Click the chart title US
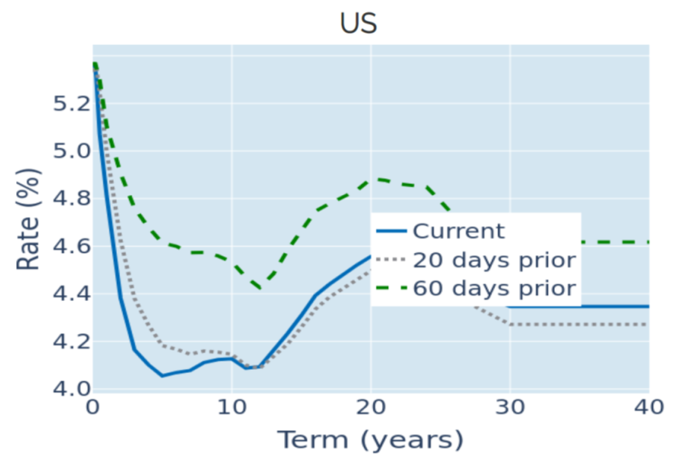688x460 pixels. pyautogui.click(x=358, y=23)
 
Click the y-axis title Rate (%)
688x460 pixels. pyautogui.click(x=28, y=219)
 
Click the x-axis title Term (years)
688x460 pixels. pyautogui.click(x=370, y=440)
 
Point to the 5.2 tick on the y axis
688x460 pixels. pyautogui.click(x=71, y=104)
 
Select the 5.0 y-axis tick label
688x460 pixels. pyautogui.click(x=71, y=151)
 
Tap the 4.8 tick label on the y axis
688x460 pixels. pyautogui.click(x=71, y=199)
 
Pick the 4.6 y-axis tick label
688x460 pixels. pyautogui.click(x=71, y=246)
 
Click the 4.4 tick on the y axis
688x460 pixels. pyautogui.click(x=71, y=293)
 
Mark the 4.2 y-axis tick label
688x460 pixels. pyautogui.click(x=71, y=342)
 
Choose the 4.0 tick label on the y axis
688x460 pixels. pyautogui.click(x=71, y=389)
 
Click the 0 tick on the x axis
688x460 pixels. pyautogui.click(x=93, y=407)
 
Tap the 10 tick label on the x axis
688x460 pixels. pyautogui.click(x=232, y=407)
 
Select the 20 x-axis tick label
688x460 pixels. pyautogui.click(x=370, y=407)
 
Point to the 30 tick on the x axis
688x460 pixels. pyautogui.click(x=510, y=407)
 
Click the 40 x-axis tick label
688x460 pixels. pyautogui.click(x=649, y=407)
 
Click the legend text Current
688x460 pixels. pyautogui.click(x=459, y=231)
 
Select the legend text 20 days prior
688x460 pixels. pyautogui.click(x=494, y=260)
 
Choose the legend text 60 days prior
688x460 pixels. pyautogui.click(x=494, y=288)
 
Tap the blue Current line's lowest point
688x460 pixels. pyautogui.click(x=162, y=375)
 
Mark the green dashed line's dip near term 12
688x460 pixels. pyautogui.click(x=261, y=289)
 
